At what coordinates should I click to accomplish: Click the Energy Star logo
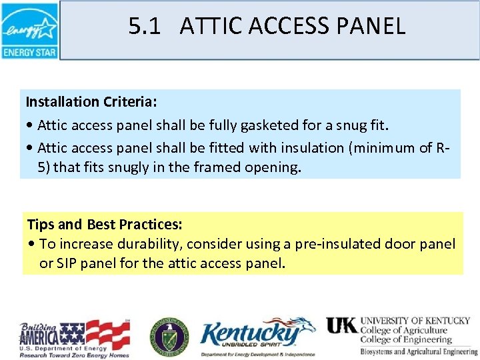[x=29, y=30]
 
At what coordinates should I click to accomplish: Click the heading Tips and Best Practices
[x=105, y=224]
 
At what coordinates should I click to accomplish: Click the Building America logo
[x=75, y=337]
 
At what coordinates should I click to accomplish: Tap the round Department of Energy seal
[x=169, y=335]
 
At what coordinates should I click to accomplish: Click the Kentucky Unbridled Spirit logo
[x=257, y=337]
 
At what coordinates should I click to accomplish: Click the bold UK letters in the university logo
[x=341, y=325]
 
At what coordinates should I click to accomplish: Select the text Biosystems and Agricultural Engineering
[x=417, y=351]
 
